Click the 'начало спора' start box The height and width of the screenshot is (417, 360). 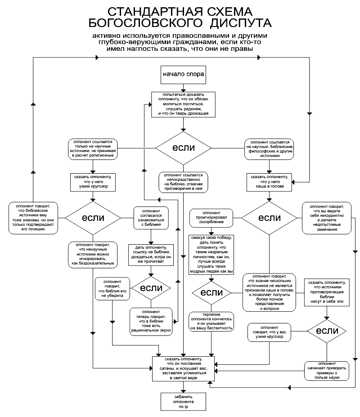[x=183, y=75]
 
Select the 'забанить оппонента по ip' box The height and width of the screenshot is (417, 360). [x=183, y=402]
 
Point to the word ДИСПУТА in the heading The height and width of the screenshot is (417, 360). [x=241, y=23]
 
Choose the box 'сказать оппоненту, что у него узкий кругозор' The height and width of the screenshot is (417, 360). [x=93, y=182]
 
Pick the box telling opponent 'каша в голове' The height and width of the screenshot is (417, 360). [x=269, y=182]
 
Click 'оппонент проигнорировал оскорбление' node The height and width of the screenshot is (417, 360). [x=211, y=218]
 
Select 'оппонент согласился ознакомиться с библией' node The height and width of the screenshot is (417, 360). [x=151, y=218]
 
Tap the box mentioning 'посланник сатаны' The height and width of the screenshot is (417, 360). [x=183, y=368]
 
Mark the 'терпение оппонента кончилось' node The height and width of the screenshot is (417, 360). [x=211, y=321]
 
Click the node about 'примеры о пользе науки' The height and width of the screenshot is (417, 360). [x=327, y=371]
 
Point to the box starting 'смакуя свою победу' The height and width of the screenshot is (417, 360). [x=211, y=255]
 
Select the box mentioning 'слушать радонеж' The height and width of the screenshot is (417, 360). [x=183, y=104]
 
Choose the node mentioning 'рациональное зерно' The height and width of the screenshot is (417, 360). [x=151, y=322]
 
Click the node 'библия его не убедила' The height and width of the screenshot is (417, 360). [x=112, y=289]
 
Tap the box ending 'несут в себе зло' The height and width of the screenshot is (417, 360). [x=327, y=292]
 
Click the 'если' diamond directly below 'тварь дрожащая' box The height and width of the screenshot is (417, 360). [x=183, y=148]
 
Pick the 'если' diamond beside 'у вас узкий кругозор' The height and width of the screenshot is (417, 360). [x=327, y=331]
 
